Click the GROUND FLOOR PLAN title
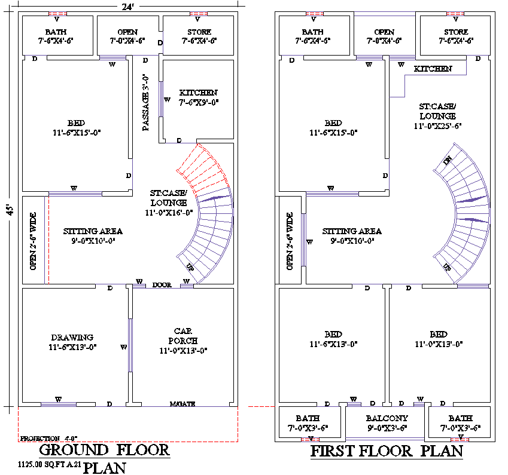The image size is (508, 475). coord(105,457)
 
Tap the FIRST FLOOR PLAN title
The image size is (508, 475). coord(387,451)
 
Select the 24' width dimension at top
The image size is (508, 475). coord(126,7)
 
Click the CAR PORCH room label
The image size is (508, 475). coord(183,341)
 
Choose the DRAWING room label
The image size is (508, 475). coord(72,342)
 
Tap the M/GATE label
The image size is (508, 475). coord(182,404)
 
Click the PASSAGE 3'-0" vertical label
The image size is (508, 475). coord(145,102)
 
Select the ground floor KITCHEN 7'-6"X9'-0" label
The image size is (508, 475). coord(199,97)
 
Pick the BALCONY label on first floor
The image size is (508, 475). coord(387,423)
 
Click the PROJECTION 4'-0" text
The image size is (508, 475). coord(49,439)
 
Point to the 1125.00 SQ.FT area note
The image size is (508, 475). coord(45,464)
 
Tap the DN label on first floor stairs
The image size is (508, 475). coord(447,161)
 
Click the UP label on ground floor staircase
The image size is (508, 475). coord(190,266)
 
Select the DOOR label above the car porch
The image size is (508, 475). coord(162,285)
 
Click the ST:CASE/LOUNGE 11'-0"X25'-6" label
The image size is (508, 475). coord(437,116)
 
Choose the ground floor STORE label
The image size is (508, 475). coord(198,36)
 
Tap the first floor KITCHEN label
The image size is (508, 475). coord(433,69)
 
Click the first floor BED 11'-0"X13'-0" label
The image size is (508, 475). coord(439,339)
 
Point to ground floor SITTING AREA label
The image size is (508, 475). coord(93,235)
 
